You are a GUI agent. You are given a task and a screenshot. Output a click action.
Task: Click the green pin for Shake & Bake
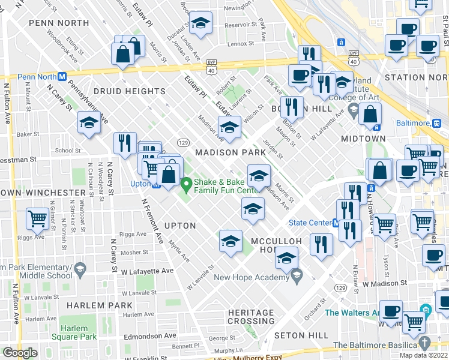(x=186, y=182)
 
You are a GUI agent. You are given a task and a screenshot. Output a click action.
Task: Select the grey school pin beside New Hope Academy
(x=296, y=275)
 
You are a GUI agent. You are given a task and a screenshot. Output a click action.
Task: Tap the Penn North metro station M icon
(x=61, y=76)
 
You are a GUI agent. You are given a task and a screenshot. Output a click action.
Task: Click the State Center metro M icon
(x=337, y=223)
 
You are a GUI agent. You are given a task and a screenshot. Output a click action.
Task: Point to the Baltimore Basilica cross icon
(x=425, y=343)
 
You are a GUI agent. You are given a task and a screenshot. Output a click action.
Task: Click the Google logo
(x=19, y=353)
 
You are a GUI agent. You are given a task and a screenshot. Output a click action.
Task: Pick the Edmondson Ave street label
(x=149, y=336)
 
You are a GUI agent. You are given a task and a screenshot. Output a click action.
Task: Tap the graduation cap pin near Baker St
(x=89, y=124)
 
